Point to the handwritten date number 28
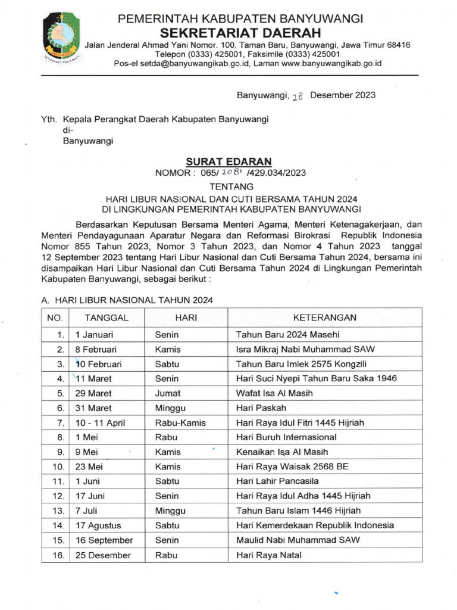(x=297, y=96)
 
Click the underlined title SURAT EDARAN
(x=228, y=161)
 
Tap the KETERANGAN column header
(x=324, y=318)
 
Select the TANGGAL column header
(x=107, y=318)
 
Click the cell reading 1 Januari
(x=94, y=335)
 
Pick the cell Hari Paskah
(x=261, y=408)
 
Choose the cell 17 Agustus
(x=98, y=525)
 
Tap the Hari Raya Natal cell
(x=269, y=555)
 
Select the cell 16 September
(x=104, y=540)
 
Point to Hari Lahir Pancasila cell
(x=277, y=481)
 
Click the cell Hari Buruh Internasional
(x=286, y=437)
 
